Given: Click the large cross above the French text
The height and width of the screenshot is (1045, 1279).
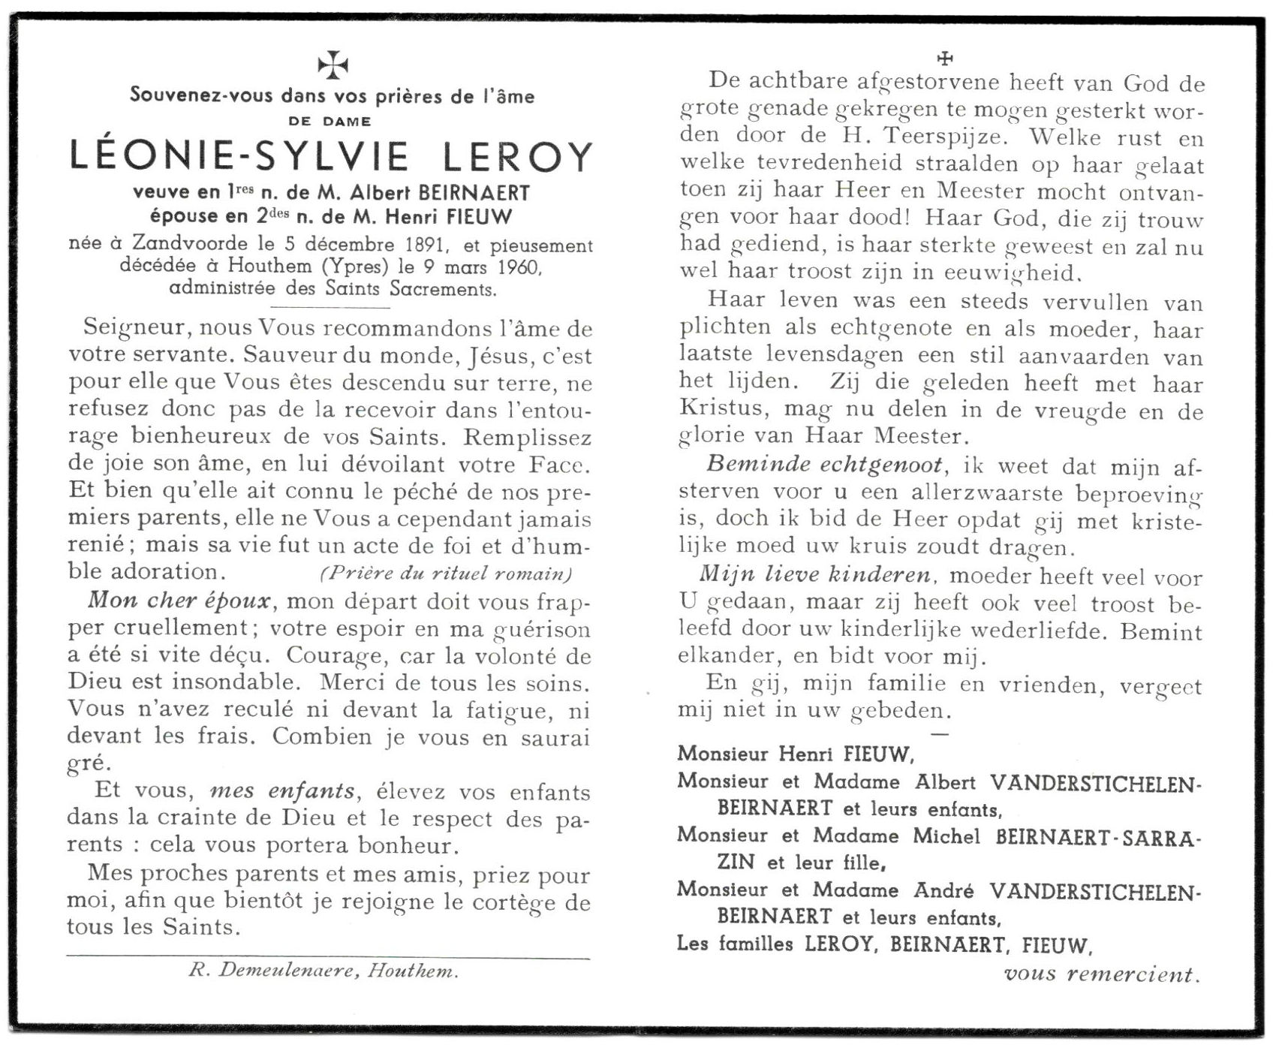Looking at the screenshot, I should tap(333, 65).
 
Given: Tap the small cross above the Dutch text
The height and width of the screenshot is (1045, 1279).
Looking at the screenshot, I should tap(945, 58).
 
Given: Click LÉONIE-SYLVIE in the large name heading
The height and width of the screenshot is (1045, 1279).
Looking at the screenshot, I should tap(239, 157).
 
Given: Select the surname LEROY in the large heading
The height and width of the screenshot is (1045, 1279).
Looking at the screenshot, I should tap(517, 157).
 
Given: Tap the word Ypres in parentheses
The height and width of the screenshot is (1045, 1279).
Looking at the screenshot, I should tap(354, 267).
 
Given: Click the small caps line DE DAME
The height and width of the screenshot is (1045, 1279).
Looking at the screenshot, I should tap(330, 121).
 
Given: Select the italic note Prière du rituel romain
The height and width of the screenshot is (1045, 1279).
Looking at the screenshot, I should tap(447, 574).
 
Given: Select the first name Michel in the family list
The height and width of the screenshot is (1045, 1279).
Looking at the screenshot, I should tap(946, 836).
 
